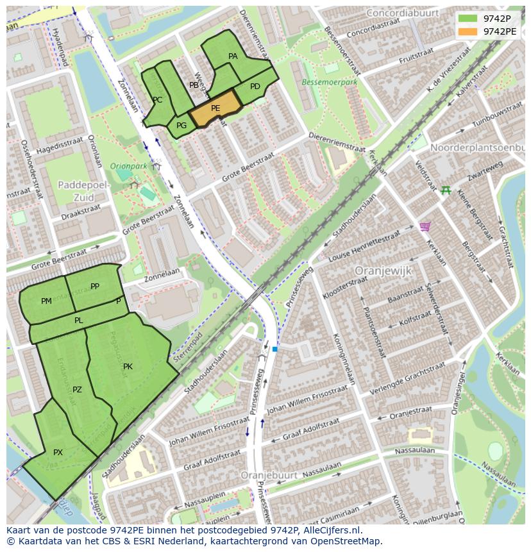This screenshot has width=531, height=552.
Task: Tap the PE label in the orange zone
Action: [215, 108]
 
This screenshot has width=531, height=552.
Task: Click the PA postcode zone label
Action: [233, 56]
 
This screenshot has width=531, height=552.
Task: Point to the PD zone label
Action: [255, 87]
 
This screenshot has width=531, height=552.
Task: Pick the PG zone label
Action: [181, 126]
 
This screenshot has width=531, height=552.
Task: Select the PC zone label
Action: [157, 100]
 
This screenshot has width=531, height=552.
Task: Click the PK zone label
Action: [128, 367]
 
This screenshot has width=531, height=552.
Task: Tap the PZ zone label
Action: [77, 390]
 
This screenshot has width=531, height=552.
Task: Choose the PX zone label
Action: [58, 453]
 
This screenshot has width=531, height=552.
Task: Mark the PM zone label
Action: [46, 301]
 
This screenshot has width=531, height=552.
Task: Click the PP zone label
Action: [95, 287]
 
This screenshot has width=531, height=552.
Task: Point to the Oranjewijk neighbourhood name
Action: [383, 271]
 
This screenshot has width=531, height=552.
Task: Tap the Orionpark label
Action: [128, 166]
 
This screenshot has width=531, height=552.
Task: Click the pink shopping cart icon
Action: [424, 226]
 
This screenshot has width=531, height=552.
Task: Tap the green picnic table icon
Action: [446, 190]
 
